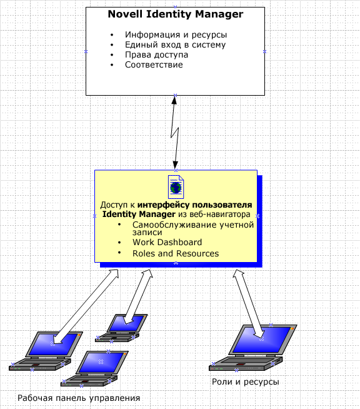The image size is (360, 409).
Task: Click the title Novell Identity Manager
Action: coord(176,14)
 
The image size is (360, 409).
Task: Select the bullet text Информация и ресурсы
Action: coord(176,34)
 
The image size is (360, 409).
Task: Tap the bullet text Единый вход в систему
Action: coord(175,45)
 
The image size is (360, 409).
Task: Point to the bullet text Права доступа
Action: coord(156,55)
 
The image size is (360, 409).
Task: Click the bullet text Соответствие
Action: coord(154,64)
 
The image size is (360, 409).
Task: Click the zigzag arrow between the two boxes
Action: coord(175,133)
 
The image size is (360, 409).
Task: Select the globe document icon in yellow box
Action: coord(176,187)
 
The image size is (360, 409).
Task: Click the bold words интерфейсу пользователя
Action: coord(195,205)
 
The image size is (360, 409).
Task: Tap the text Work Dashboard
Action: coord(167,242)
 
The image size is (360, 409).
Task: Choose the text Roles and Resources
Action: coord(176,253)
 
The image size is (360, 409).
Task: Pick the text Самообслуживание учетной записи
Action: coord(193,228)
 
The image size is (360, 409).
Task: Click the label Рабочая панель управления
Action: coord(79,398)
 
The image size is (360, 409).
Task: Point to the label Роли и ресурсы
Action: coord(245,382)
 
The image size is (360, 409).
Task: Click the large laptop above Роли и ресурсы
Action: coord(253,348)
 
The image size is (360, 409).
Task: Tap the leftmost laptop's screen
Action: coord(54,344)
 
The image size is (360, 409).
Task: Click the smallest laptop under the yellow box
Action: coord(121,328)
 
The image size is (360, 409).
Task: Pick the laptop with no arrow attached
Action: coord(94,368)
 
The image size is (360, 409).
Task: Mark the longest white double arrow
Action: coord(86,306)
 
